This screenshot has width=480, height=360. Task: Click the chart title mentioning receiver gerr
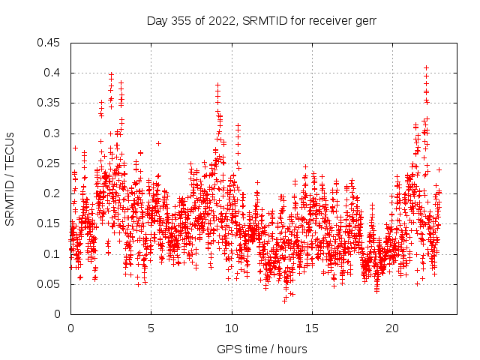(262, 21)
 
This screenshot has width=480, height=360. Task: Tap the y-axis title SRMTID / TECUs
(10, 178)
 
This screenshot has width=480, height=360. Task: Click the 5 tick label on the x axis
(151, 328)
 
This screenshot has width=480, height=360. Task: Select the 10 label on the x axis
(232, 328)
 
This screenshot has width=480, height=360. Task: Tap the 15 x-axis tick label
(312, 328)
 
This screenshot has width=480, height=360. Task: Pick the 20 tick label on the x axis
(393, 328)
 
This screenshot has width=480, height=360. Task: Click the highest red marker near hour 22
(426, 67)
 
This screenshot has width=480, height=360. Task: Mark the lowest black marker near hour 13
(284, 300)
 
